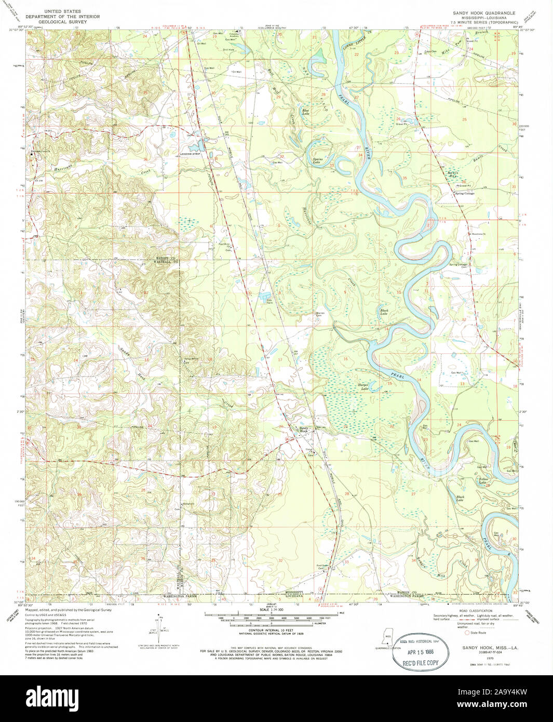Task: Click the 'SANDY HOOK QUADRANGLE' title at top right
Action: click(484, 13)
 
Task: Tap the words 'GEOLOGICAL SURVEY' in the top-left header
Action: click(62, 22)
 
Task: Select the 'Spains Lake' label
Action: click(317, 161)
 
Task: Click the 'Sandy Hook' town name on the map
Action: click(303, 430)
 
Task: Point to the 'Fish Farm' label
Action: click(269, 301)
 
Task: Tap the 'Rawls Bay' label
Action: click(452, 174)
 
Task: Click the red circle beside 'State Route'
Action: click(467, 633)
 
